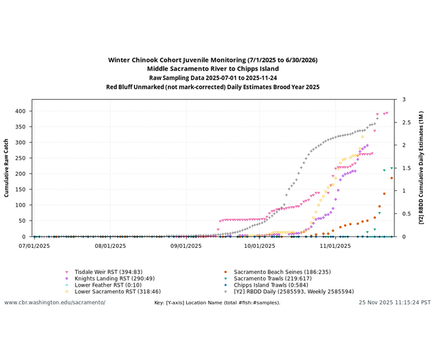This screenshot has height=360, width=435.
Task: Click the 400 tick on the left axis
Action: point(20,111)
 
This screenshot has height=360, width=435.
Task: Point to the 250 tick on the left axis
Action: point(20,158)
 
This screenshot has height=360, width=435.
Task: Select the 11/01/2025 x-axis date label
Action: point(334,245)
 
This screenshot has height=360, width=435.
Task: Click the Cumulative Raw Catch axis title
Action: point(7,168)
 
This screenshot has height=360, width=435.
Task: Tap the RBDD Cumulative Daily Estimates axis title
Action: point(421,168)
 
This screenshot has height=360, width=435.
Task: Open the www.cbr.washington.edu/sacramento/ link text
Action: point(55,302)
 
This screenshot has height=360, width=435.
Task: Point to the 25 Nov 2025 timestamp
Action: point(395,302)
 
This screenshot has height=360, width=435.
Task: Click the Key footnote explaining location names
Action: point(217,302)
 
